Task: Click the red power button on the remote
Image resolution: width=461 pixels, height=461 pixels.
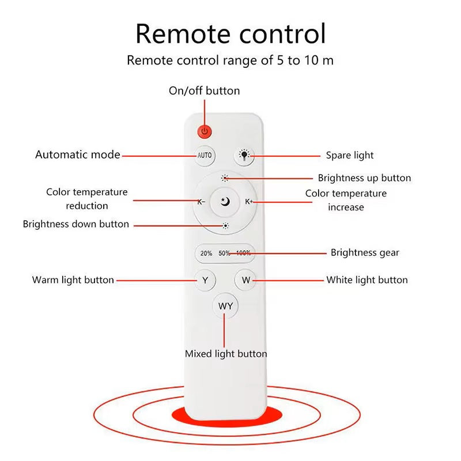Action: pyautogui.click(x=205, y=131)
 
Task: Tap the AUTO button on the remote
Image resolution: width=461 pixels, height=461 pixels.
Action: pyautogui.click(x=205, y=156)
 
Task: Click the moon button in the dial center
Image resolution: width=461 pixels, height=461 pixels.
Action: pyautogui.click(x=225, y=202)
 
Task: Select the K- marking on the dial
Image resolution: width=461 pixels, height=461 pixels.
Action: pyautogui.click(x=201, y=202)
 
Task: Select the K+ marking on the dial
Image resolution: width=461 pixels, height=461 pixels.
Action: pyautogui.click(x=249, y=202)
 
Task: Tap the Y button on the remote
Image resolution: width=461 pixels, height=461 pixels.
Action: pyautogui.click(x=205, y=280)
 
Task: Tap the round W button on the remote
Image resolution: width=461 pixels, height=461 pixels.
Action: pyautogui.click(x=245, y=280)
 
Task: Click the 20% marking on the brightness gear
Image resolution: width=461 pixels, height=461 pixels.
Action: pyautogui.click(x=206, y=253)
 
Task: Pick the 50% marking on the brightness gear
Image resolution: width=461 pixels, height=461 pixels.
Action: pyautogui.click(x=224, y=253)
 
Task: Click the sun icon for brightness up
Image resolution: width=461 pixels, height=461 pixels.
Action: pyautogui.click(x=225, y=178)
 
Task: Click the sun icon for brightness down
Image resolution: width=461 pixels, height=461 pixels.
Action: pyautogui.click(x=225, y=226)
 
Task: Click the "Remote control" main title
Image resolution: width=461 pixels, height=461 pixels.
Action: pyautogui.click(x=231, y=34)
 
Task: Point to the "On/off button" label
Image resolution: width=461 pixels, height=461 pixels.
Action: pyautogui.click(x=205, y=91)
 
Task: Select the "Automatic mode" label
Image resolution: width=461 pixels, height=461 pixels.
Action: pyautogui.click(x=78, y=154)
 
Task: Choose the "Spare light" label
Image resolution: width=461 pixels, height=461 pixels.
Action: pyautogui.click(x=350, y=156)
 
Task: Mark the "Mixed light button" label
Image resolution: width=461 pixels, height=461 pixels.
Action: pyautogui.click(x=226, y=354)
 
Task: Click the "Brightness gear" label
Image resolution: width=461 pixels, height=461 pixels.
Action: pyautogui.click(x=365, y=253)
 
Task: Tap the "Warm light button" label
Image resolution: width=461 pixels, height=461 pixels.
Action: pyautogui.click(x=73, y=280)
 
